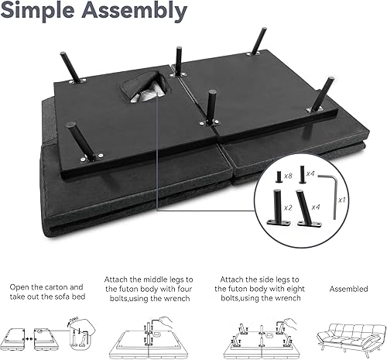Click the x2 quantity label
click(289, 207)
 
